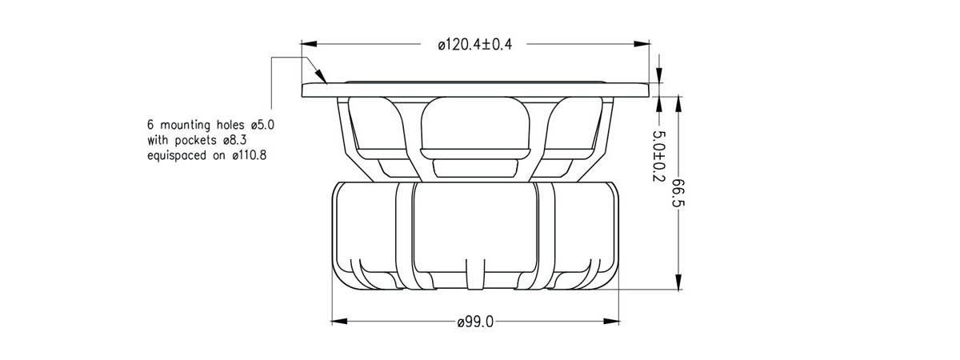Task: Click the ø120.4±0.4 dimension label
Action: click(475, 45)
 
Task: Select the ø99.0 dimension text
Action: click(475, 322)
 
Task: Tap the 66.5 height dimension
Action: click(678, 192)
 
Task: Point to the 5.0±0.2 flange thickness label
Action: click(658, 156)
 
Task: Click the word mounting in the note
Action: click(185, 125)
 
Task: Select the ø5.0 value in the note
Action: click(262, 125)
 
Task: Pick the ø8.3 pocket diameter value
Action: click(235, 140)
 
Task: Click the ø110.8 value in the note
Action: click(250, 155)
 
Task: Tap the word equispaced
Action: click(177, 155)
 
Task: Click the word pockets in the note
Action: click(196, 140)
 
